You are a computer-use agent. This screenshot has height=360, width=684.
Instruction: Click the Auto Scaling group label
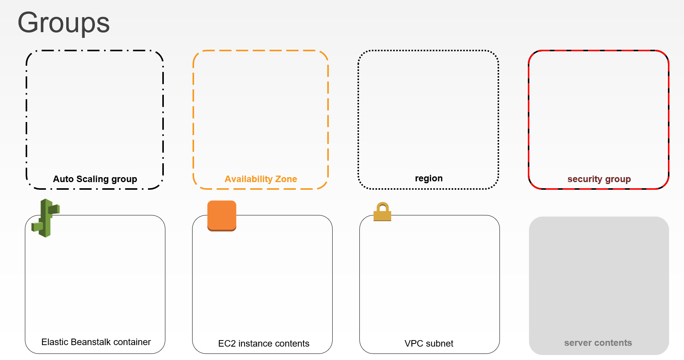click(95, 179)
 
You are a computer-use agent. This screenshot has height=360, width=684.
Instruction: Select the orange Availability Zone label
click(261, 179)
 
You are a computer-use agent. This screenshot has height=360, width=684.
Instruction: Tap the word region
click(429, 179)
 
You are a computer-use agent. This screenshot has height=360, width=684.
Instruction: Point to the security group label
click(599, 179)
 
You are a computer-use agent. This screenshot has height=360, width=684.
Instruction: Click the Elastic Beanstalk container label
click(96, 342)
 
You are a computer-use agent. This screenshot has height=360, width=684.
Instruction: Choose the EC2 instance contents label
click(264, 344)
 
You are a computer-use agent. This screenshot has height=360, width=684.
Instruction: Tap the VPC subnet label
click(429, 344)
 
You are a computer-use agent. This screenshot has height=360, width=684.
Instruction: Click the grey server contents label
click(598, 343)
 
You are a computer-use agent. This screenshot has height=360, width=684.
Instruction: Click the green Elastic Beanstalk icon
click(46, 218)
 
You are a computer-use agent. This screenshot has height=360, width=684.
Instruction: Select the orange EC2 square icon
click(222, 216)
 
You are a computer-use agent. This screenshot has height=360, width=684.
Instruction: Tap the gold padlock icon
click(382, 212)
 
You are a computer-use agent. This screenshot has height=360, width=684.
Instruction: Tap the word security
click(585, 179)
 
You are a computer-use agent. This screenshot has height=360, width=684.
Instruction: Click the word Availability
click(248, 179)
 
